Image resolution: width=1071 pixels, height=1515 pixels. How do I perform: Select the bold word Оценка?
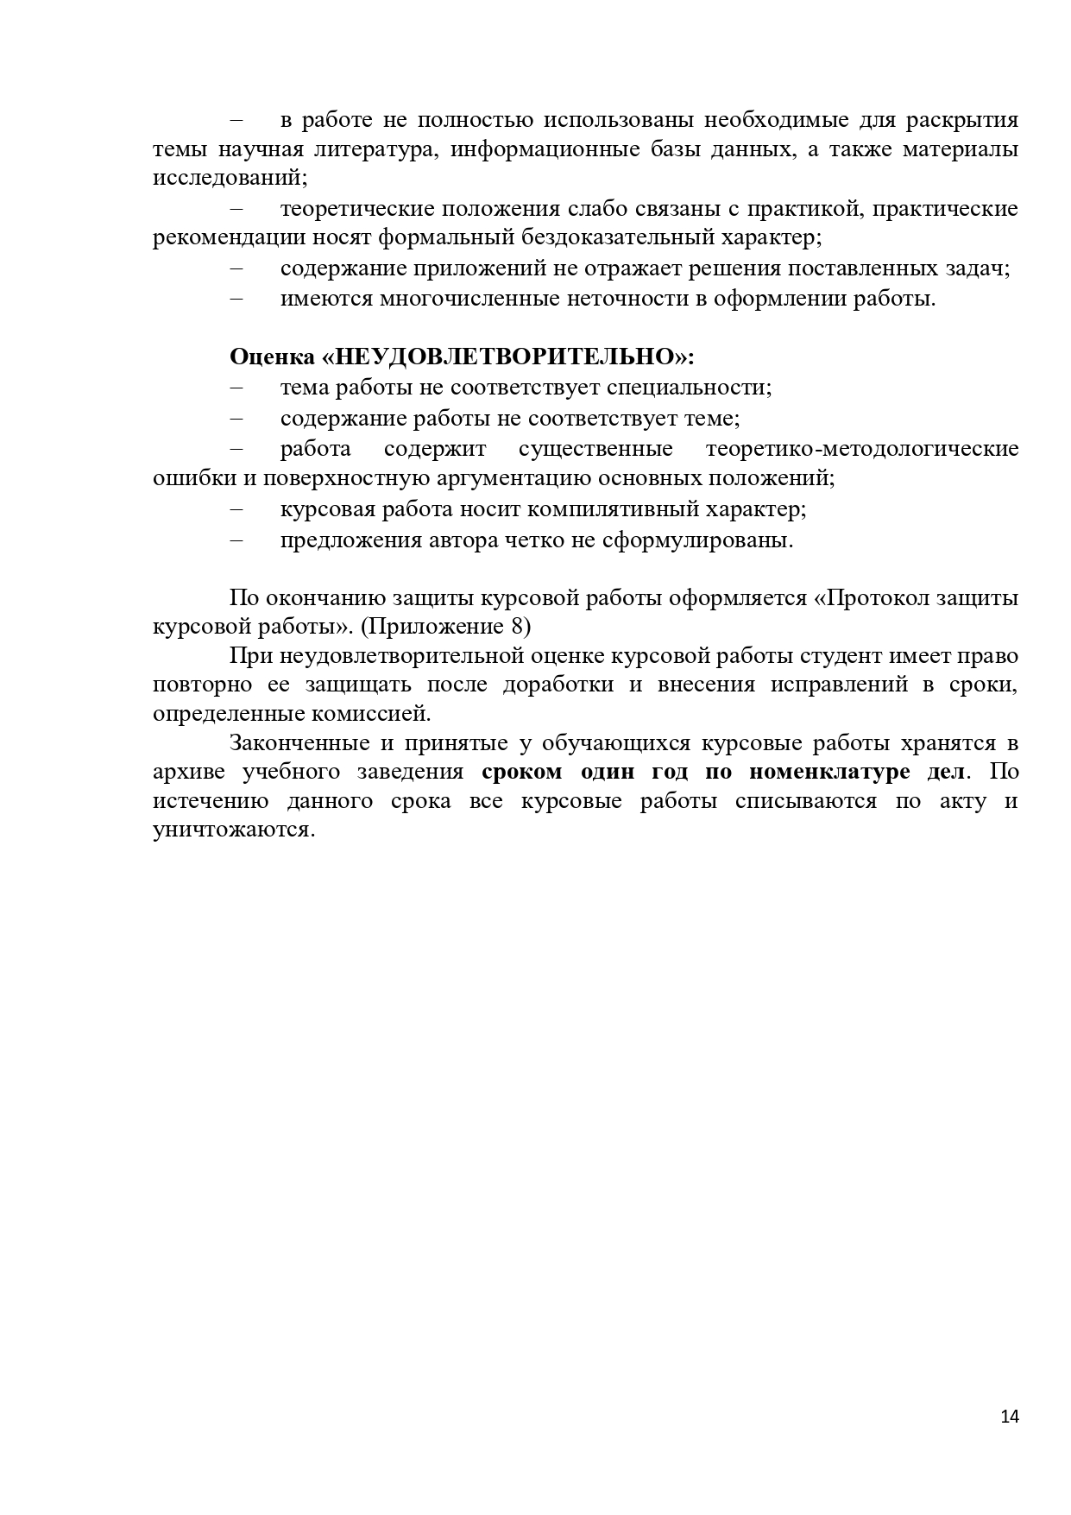point(272,357)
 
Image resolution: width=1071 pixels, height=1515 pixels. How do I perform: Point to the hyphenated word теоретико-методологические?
point(861,449)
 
